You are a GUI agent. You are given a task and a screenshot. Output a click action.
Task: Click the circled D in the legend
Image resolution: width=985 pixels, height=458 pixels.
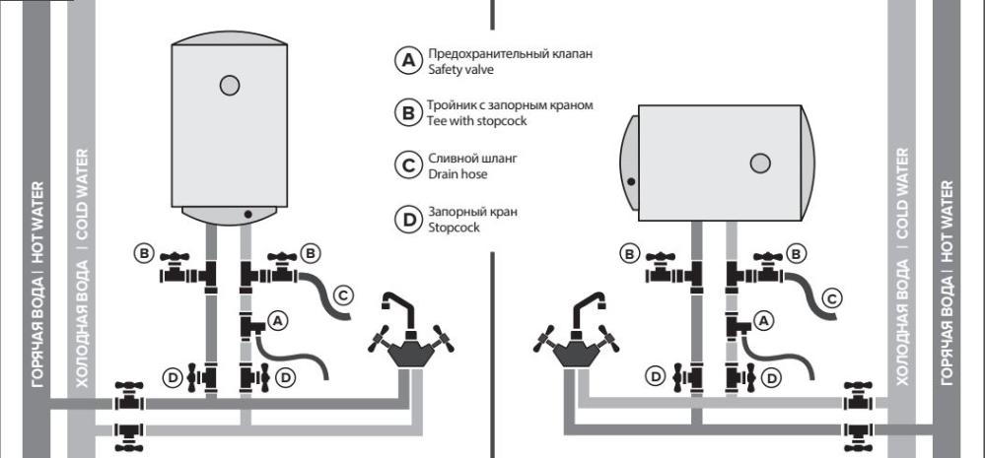405,219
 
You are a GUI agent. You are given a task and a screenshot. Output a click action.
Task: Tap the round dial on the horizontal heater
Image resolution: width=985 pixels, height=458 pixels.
760,164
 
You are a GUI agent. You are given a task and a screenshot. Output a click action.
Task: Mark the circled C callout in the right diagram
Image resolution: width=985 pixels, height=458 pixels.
833,295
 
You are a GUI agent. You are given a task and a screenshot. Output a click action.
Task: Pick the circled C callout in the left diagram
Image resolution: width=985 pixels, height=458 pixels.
343,294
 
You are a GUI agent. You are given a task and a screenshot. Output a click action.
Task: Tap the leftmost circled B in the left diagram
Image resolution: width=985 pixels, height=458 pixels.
144,253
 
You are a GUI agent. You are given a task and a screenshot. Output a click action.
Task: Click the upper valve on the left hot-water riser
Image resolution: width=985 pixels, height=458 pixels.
126,400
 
